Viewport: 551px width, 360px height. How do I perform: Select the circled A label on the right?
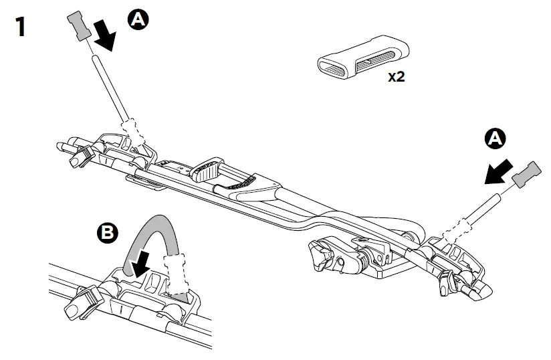tap(494, 139)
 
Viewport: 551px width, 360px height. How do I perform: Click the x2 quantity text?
tap(397, 77)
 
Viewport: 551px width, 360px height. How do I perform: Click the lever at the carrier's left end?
tap(80, 155)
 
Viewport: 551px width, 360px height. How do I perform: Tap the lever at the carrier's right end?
tap(446, 282)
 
